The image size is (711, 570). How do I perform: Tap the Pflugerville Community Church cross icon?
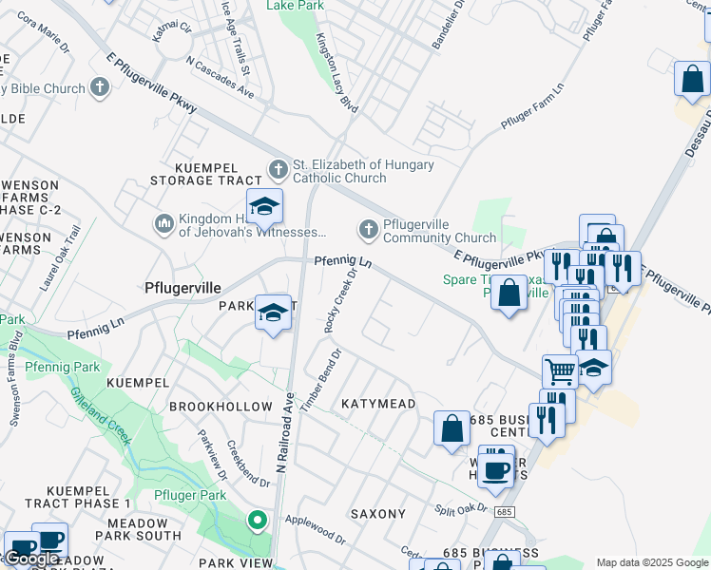pyautogui.click(x=368, y=229)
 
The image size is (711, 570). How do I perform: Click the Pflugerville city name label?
pyautogui.click(x=183, y=287)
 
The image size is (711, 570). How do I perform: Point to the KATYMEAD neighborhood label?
pyautogui.click(x=378, y=404)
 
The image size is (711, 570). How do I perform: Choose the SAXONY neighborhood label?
pyautogui.click(x=378, y=514)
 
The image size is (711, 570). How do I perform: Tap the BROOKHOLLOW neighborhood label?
pyautogui.click(x=221, y=406)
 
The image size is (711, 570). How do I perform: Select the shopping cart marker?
pyautogui.click(x=560, y=371)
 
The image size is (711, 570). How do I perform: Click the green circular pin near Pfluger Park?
pyautogui.click(x=256, y=520)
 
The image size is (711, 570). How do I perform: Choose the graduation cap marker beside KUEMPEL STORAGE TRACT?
pyautogui.click(x=264, y=205)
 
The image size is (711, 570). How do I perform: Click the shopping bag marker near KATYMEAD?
pyautogui.click(x=452, y=427)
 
